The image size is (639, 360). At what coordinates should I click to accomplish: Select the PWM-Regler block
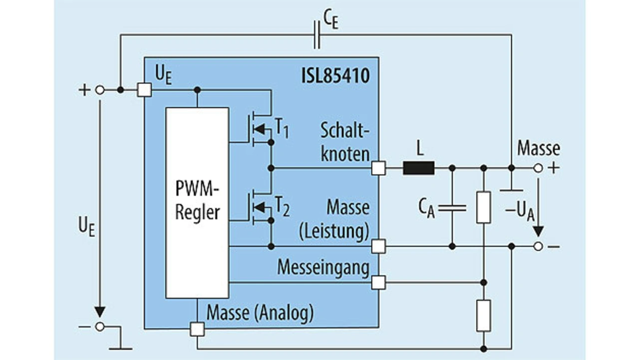pyautogui.click(x=197, y=202)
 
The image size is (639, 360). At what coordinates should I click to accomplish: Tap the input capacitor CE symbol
pyautogui.click(x=317, y=35)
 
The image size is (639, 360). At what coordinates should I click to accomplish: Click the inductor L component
pyautogui.click(x=418, y=168)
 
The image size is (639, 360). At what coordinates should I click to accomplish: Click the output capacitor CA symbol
pyautogui.click(x=452, y=208)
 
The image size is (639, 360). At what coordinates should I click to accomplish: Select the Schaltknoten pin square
pyautogui.click(x=378, y=168)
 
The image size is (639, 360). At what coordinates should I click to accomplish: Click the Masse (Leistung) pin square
pyautogui.click(x=378, y=246)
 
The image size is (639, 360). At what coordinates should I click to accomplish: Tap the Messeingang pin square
pyautogui.click(x=378, y=283)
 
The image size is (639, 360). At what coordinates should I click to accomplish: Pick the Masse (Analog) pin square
pyautogui.click(x=197, y=329)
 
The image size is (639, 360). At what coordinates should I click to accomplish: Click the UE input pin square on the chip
pyautogui.click(x=144, y=90)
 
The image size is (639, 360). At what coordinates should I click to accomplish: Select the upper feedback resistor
pyautogui.click(x=483, y=207)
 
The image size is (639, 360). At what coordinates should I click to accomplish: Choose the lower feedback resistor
pyautogui.click(x=483, y=316)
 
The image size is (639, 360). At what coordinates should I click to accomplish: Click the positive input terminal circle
pyautogui.click(x=100, y=90)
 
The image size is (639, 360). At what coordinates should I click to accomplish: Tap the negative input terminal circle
pyautogui.click(x=100, y=327)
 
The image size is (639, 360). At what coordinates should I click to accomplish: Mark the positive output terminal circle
pyautogui.click(x=538, y=168)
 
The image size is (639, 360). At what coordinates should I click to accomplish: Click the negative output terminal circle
pyautogui.click(x=538, y=246)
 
